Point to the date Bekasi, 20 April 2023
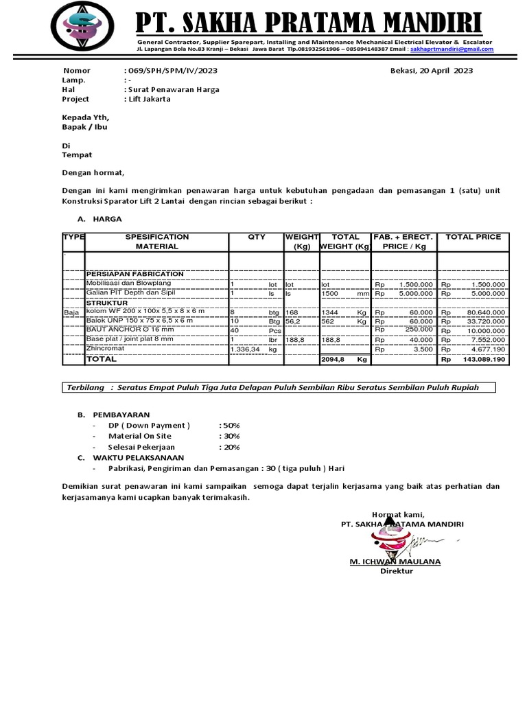click(x=431, y=71)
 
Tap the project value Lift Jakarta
click(x=149, y=99)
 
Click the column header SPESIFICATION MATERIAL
click(x=156, y=241)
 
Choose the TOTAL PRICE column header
click(x=473, y=237)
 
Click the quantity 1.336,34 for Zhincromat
click(x=245, y=349)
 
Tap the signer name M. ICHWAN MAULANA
click(x=395, y=562)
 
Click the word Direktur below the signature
click(x=397, y=571)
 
